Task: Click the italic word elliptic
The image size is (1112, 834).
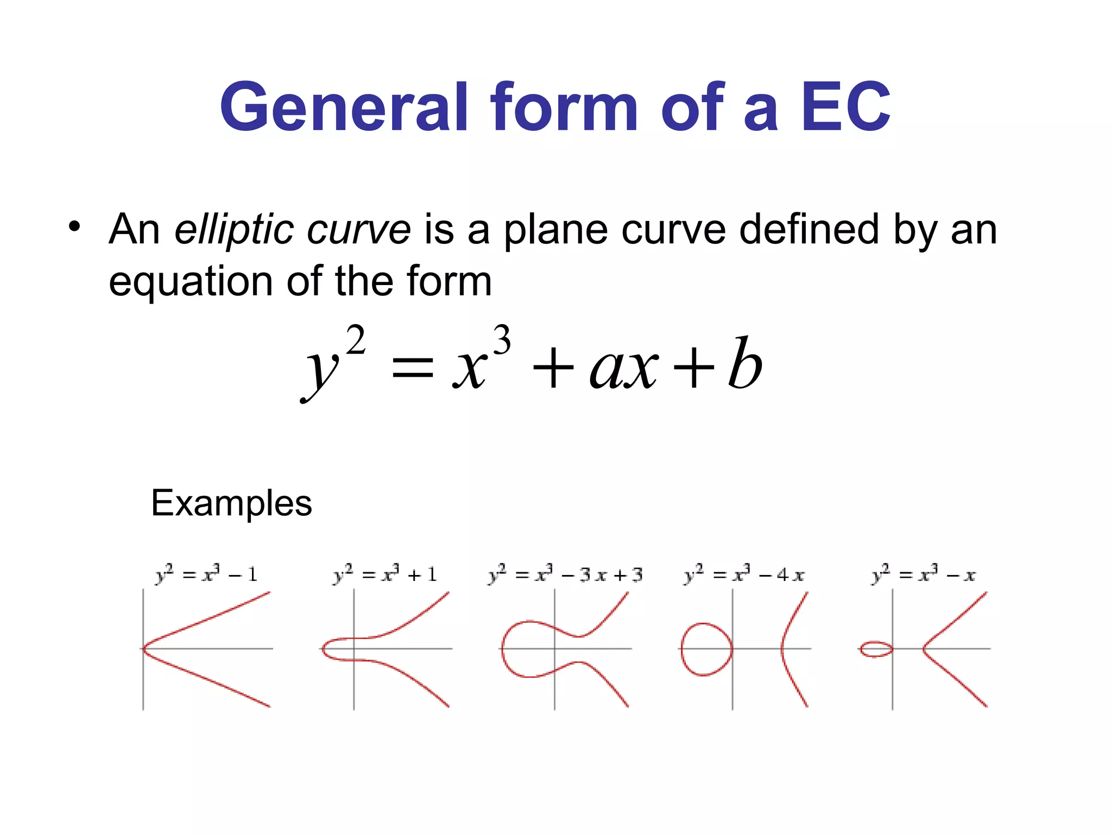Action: click(234, 230)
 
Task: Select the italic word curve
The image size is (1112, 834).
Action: click(358, 230)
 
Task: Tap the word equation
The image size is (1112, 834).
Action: click(191, 282)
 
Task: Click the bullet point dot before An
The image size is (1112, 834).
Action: click(74, 226)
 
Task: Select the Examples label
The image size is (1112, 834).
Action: click(231, 503)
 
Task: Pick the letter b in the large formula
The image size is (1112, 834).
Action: click(745, 363)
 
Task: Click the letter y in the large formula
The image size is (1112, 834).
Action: click(321, 372)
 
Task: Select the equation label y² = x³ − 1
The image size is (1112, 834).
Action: click(206, 574)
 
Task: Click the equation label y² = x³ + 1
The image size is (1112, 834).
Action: click(385, 574)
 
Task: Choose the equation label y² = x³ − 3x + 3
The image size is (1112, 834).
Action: click(565, 574)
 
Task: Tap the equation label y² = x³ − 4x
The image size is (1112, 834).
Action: click(744, 574)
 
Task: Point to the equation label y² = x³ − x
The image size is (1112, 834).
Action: click(923, 574)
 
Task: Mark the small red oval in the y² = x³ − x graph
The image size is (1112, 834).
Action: click(876, 649)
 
